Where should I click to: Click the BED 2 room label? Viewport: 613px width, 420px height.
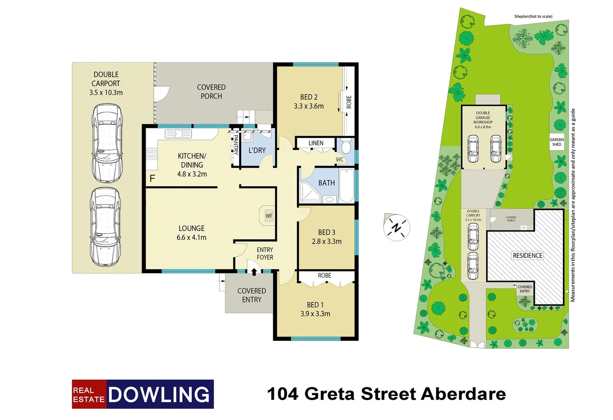tap(309, 97)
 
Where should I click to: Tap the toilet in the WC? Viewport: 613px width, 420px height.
tap(345, 147)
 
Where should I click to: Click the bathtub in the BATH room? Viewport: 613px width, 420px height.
tap(346, 185)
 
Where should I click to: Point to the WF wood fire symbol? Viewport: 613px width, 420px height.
tap(269, 216)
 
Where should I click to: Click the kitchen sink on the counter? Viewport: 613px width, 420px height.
tap(178, 134)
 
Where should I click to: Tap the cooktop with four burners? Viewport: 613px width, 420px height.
tap(152, 154)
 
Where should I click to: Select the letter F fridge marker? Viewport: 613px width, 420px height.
tap(152, 178)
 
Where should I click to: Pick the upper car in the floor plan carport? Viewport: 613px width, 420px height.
tap(106, 143)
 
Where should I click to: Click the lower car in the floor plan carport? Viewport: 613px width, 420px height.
tap(105, 226)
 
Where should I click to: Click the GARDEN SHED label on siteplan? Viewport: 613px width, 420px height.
tap(557, 142)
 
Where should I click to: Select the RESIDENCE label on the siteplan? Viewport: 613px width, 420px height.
tap(527, 255)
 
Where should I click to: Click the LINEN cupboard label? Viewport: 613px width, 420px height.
tap(316, 143)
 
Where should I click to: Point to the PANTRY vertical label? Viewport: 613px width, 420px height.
tap(236, 145)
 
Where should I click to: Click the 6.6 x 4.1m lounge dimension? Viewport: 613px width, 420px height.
tap(191, 238)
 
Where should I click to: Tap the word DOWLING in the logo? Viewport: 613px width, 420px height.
tap(159, 394)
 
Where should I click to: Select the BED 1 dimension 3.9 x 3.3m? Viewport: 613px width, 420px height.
tap(315, 314)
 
